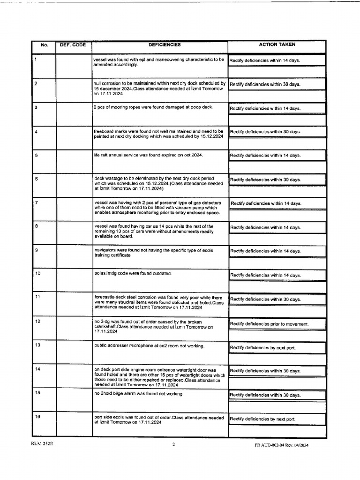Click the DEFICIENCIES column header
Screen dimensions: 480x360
(165, 45)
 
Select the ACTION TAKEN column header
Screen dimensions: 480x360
(277, 45)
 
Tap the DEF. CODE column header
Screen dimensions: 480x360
(73, 45)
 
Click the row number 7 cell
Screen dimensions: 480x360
(37, 202)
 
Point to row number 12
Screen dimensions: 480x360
(37, 321)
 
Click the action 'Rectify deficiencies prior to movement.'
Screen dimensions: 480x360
(269, 324)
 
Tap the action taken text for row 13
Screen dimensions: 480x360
(262, 348)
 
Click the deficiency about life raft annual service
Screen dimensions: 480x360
(148, 155)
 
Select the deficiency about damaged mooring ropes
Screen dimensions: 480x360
(153, 107)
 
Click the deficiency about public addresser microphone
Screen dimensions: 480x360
(149, 346)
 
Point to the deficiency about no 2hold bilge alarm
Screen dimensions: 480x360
(138, 394)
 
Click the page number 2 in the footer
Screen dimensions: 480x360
(173, 445)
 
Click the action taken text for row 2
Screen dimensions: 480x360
(265, 85)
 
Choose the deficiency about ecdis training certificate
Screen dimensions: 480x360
(154, 253)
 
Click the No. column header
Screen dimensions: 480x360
(45, 45)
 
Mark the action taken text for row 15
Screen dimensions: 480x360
(265, 395)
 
